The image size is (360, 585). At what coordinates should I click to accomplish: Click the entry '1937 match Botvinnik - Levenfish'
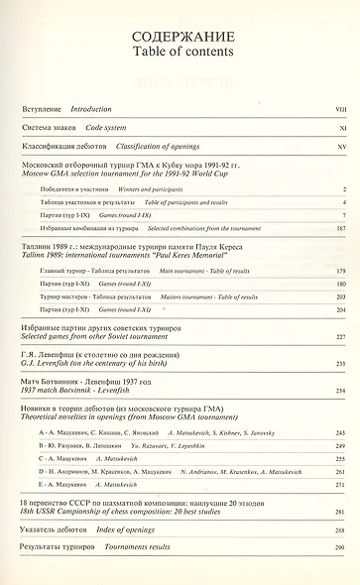tap(73, 393)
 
